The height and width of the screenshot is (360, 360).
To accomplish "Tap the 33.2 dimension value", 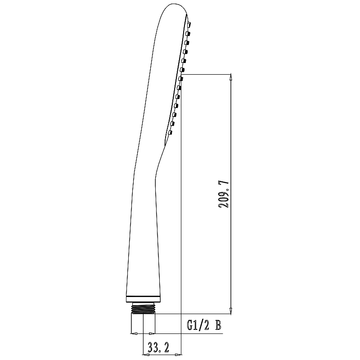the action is coord(158,347).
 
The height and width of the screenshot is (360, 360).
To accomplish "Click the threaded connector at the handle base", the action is coord(144,308).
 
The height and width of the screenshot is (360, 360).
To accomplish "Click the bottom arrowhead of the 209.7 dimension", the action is coord(231,310).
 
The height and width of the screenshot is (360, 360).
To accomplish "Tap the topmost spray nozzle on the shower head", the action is coord(189,24).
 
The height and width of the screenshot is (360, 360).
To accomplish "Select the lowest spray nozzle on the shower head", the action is coord(170,132).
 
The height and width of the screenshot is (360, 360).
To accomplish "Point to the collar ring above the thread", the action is coord(143,299).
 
